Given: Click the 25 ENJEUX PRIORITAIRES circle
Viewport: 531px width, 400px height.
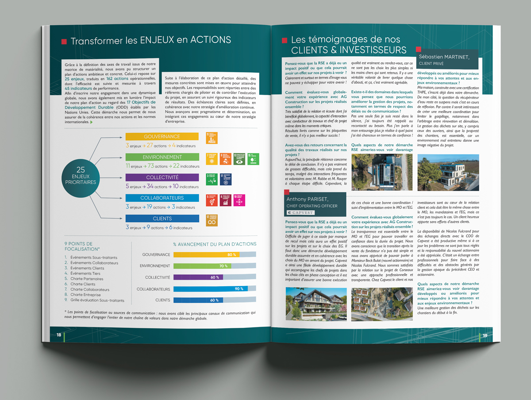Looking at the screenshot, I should [x=81, y=175].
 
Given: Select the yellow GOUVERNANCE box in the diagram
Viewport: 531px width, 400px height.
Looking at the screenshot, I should [x=162, y=137].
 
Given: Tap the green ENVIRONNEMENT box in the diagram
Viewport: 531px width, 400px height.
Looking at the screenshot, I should [x=162, y=157].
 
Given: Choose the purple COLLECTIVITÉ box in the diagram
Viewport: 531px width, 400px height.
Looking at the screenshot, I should [x=162, y=177].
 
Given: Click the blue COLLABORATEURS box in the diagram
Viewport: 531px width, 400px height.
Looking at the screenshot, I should [x=162, y=198].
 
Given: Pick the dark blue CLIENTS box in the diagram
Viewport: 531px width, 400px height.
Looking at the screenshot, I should [x=162, y=218].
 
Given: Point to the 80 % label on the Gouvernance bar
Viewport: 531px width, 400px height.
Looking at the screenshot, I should [x=231, y=255].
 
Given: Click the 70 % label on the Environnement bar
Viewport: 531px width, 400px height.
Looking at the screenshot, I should [x=223, y=266].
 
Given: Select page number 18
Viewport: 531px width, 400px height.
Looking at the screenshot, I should [x=58, y=335].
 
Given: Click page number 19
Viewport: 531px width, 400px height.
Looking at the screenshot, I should [x=485, y=335].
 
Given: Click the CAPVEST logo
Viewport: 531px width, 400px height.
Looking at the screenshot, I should [x=300, y=212].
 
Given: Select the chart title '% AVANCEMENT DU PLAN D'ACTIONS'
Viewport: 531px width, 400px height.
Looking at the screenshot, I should [x=215, y=244].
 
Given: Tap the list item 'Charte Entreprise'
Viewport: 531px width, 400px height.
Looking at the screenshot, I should [x=85, y=295].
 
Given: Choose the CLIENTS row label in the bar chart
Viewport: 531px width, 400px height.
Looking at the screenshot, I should [x=162, y=300].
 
